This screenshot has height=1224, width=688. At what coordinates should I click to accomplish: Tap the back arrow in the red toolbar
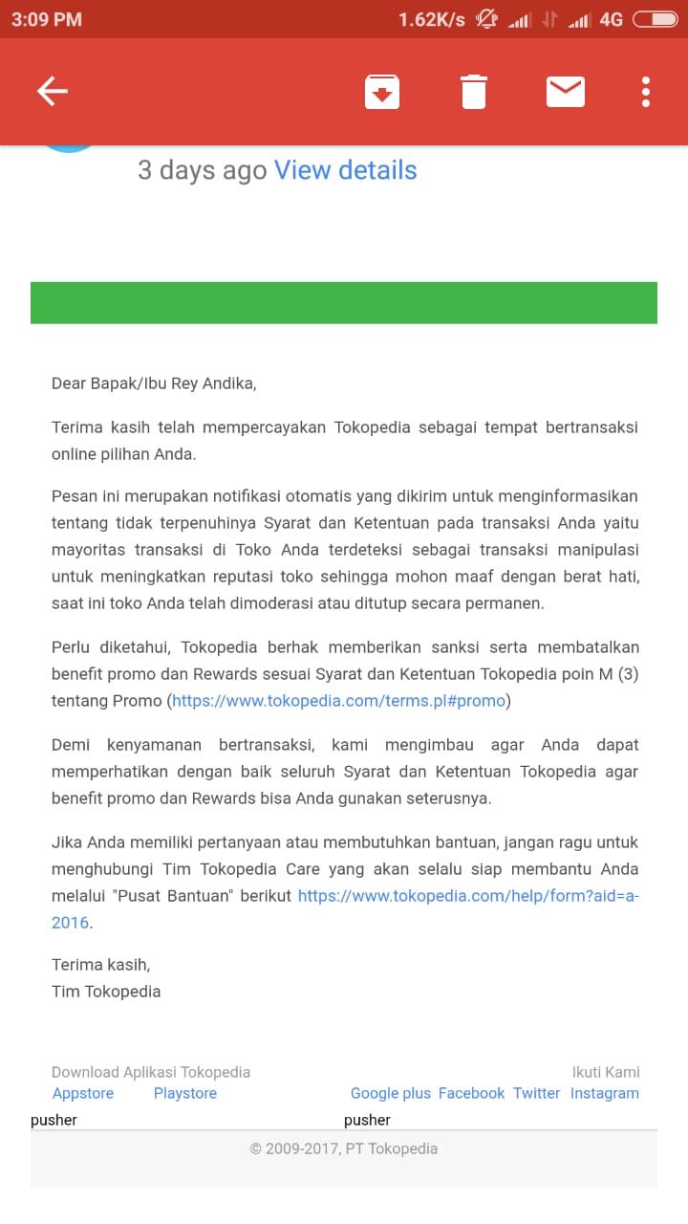(x=53, y=91)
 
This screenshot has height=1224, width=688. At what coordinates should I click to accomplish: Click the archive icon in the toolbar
(x=382, y=92)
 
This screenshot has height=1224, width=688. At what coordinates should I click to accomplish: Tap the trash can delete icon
(x=474, y=92)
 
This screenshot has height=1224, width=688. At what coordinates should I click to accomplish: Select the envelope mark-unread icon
(x=565, y=92)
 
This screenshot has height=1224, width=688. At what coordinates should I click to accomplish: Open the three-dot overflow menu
(x=646, y=92)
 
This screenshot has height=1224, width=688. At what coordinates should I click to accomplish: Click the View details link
(x=345, y=170)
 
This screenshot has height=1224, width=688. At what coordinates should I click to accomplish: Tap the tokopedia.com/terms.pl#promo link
(x=338, y=701)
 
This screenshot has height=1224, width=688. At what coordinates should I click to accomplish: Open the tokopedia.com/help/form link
(x=468, y=896)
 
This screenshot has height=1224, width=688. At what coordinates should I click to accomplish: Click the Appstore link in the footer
(x=83, y=1093)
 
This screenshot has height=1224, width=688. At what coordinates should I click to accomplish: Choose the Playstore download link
(x=185, y=1093)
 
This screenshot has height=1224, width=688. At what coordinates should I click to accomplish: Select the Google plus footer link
(x=391, y=1093)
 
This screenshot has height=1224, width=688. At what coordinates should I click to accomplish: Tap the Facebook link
(x=471, y=1093)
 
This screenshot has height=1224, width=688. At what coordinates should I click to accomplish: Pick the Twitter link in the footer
(x=536, y=1093)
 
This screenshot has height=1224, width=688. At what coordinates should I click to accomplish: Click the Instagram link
(x=605, y=1093)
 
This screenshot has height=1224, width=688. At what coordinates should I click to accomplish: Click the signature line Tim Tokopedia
(x=106, y=992)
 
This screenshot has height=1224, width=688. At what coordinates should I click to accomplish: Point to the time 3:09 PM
(x=47, y=19)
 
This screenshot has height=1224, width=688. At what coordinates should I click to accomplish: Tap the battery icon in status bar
(x=655, y=19)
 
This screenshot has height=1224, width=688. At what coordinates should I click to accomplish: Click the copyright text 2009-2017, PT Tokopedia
(x=344, y=1148)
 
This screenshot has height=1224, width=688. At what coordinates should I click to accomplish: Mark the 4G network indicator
(x=612, y=19)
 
